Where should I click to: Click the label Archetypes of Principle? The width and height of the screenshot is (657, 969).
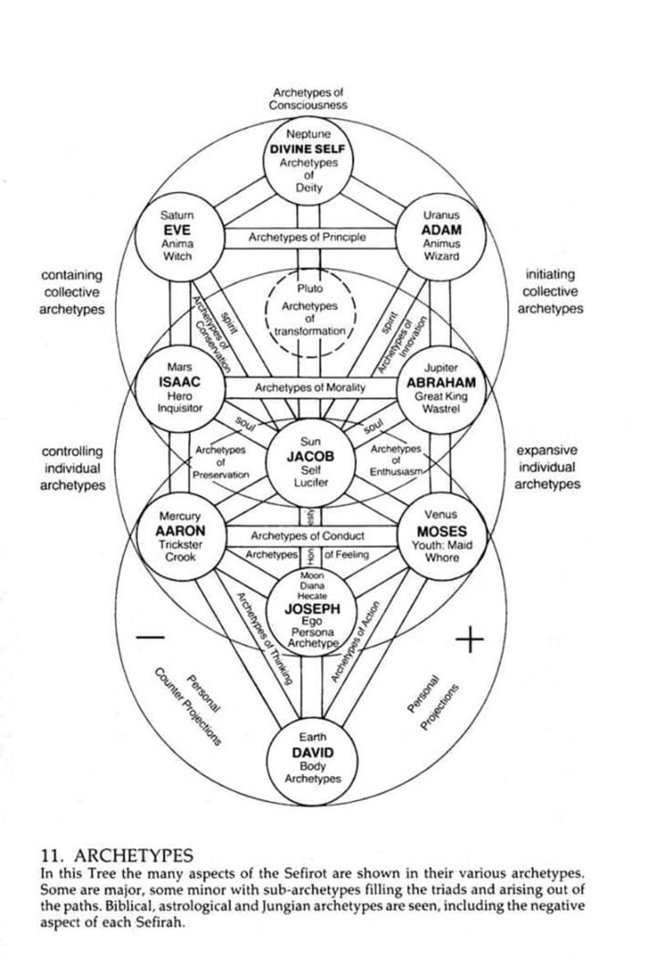click(x=307, y=238)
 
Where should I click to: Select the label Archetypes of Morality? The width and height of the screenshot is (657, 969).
click(x=311, y=388)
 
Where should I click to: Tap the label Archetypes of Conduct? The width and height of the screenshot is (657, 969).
click(x=307, y=536)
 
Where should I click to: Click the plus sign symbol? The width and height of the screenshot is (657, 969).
click(x=470, y=639)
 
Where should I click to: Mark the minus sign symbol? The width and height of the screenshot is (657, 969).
click(x=152, y=638)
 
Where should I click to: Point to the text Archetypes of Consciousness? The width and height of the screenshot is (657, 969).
click(x=309, y=98)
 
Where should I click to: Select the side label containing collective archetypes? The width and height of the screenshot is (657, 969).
click(x=71, y=292)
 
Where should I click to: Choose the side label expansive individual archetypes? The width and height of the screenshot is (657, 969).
click(x=546, y=467)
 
